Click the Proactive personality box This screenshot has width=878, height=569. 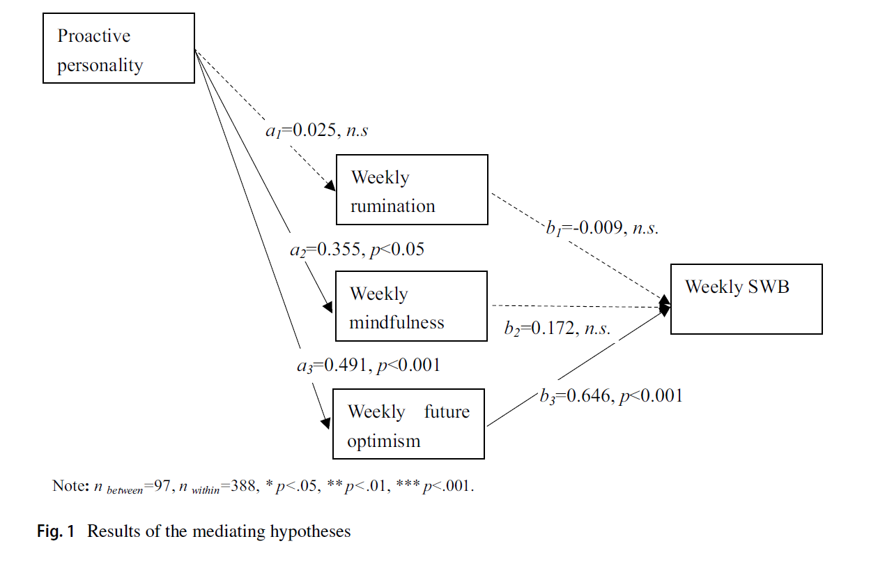[118, 49]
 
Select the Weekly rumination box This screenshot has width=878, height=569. [412, 190]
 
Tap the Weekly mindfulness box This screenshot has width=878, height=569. [411, 306]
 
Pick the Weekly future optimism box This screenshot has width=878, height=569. [408, 424]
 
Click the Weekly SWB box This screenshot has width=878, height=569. [746, 299]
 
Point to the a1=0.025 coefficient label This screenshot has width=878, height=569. [316, 131]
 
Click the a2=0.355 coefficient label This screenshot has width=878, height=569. [357, 249]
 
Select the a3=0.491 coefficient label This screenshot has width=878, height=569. [368, 365]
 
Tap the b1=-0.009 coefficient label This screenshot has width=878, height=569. [602, 228]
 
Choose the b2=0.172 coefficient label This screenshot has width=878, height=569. [557, 327]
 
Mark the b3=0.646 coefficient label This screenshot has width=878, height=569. [610, 396]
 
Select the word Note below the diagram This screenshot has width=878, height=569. [68, 486]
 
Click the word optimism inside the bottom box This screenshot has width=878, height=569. [383, 441]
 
